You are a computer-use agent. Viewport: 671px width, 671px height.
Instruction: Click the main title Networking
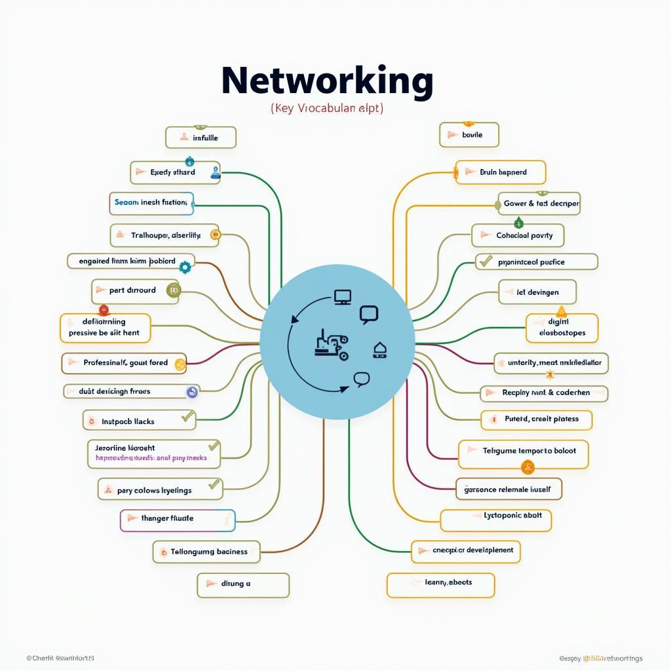click(x=327, y=83)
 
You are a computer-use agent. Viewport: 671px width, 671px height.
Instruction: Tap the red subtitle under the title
click(x=327, y=108)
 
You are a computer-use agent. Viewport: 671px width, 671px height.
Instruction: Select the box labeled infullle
click(x=200, y=138)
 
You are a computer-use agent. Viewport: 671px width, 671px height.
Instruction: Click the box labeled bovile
click(x=469, y=135)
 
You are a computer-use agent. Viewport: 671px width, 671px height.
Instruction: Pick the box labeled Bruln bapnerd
click(x=500, y=172)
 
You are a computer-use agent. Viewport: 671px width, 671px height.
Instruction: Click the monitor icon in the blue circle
click(x=342, y=297)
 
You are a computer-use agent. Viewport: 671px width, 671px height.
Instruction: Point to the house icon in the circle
click(x=380, y=350)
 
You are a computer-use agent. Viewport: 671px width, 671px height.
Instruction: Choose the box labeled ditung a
click(x=243, y=585)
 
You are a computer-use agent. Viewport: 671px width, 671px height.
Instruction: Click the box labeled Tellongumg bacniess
click(x=206, y=552)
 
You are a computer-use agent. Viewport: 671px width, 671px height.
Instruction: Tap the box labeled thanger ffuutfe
click(x=177, y=520)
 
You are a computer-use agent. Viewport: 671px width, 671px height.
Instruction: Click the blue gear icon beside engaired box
click(x=185, y=267)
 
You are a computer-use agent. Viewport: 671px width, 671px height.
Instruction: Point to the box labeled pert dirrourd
click(x=136, y=290)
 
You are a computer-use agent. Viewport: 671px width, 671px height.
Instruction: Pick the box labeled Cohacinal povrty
click(x=517, y=235)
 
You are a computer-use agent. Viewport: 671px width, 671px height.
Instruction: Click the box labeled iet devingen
click(x=537, y=292)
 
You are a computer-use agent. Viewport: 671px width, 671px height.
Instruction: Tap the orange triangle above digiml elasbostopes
click(x=561, y=311)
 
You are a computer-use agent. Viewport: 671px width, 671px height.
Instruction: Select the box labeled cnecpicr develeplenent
click(x=465, y=551)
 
